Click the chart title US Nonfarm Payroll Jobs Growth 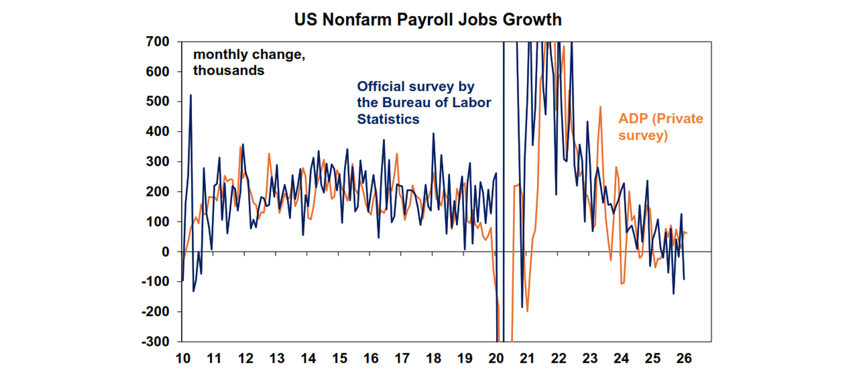pyautogui.click(x=428, y=20)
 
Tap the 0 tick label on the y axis pyautogui.click(x=166, y=252)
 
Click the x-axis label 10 pyautogui.click(x=182, y=358)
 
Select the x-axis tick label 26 pyautogui.click(x=684, y=358)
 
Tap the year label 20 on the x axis pyautogui.click(x=496, y=358)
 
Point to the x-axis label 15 pyautogui.click(x=339, y=358)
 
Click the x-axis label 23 pyautogui.click(x=590, y=358)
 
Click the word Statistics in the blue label pyautogui.click(x=388, y=119)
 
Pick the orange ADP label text pyautogui.click(x=636, y=118)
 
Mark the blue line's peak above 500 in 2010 pyautogui.click(x=191, y=95)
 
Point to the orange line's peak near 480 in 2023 pyautogui.click(x=601, y=107)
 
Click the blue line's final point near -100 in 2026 pyautogui.click(x=684, y=279)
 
